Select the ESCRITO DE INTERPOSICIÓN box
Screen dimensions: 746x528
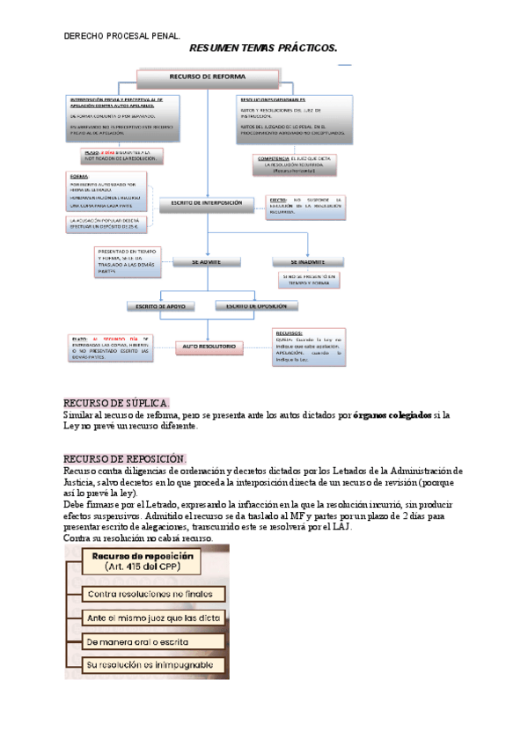tap(206, 203)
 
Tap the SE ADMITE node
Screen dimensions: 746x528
tap(206, 261)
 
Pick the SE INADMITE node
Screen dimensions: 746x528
tap(308, 261)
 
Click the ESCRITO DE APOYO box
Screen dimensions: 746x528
tap(158, 306)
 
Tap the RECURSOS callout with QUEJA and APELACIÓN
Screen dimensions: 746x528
tap(310, 346)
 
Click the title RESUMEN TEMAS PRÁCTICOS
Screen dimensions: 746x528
tap(263, 50)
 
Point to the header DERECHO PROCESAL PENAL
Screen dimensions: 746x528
tap(122, 36)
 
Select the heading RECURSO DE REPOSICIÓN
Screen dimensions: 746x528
tap(124, 458)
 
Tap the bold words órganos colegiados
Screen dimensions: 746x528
tap(392, 414)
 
